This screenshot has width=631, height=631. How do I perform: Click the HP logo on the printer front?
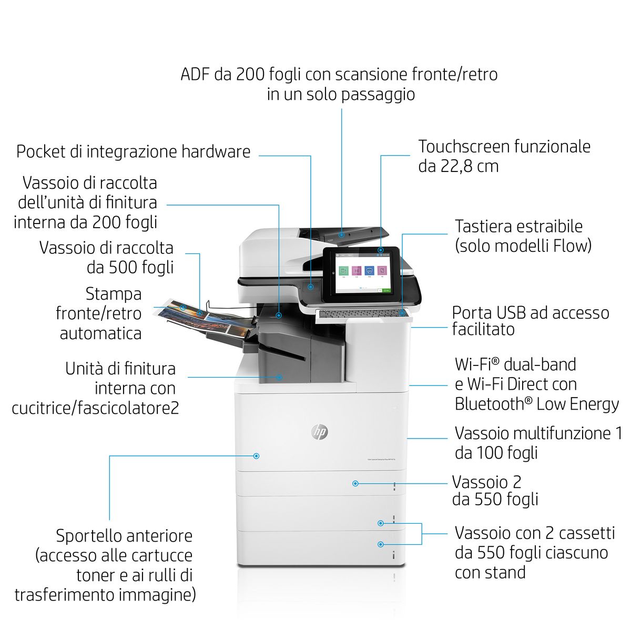pos(319,432)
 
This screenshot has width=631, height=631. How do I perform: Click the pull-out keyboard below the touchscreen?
pos(363,314)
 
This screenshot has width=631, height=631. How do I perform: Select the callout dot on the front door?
pos(257,456)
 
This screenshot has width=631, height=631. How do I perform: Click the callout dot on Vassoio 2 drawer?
pos(355,483)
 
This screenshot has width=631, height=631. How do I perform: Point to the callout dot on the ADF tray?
pos(342,235)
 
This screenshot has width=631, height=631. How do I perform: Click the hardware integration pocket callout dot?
pos(311,287)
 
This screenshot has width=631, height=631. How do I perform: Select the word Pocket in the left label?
pos(40,151)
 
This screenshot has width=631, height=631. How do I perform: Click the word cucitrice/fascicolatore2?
pos(95,408)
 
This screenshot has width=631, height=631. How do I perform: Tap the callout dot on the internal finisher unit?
pos(279,377)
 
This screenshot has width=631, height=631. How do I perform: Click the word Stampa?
pos(114,294)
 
